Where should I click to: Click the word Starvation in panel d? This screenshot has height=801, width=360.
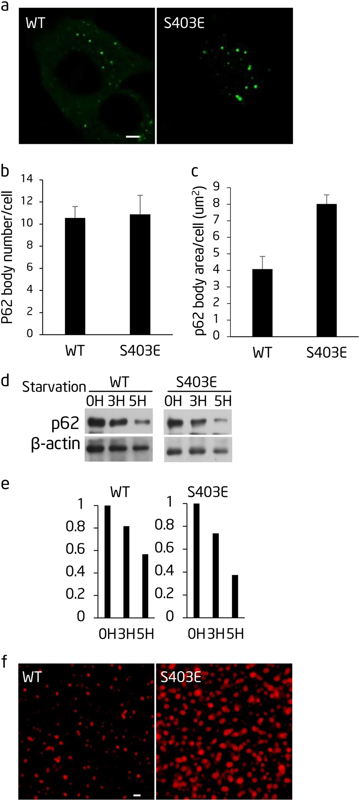(54, 387)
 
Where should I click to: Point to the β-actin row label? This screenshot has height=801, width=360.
(56, 444)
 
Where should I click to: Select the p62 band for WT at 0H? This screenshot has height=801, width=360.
(95, 422)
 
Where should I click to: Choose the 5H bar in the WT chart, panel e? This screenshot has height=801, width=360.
(145, 586)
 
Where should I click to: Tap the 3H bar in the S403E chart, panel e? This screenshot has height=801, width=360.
(216, 575)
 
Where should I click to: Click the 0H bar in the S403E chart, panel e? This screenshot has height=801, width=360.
(196, 560)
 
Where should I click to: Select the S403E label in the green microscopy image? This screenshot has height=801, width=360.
(184, 24)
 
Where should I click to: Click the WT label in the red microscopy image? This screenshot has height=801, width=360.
(32, 677)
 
